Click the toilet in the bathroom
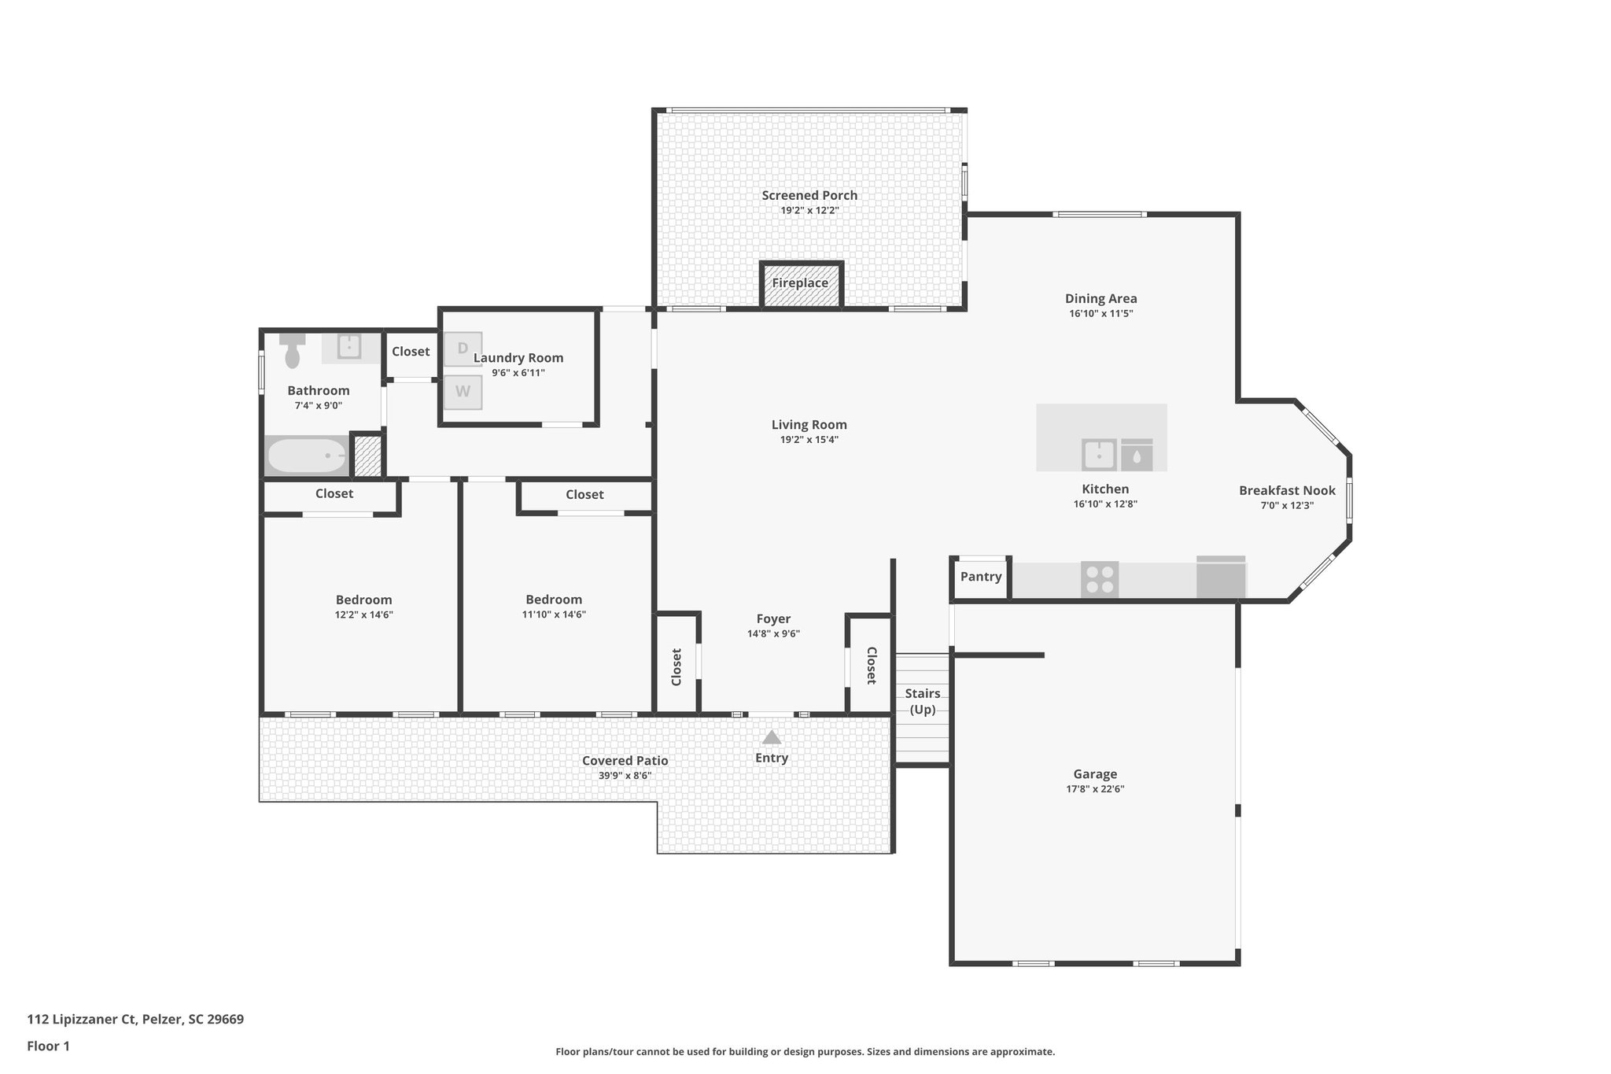[x=293, y=351]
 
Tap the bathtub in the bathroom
[x=307, y=456]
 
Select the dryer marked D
[x=463, y=349]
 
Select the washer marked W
[x=463, y=391]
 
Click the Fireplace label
[x=800, y=283]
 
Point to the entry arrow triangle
[x=772, y=737]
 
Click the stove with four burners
[x=1099, y=580]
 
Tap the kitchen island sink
[x=1099, y=454]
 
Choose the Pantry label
[x=981, y=577]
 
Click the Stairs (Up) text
[x=923, y=701]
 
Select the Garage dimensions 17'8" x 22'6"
[x=1095, y=789]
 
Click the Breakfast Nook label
[x=1287, y=491]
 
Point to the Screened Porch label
[x=809, y=196]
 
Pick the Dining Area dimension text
[x=1100, y=314]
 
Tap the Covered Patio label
[x=625, y=761]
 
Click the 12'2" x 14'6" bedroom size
[x=363, y=615]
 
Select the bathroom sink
[x=349, y=346]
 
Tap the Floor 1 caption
[x=48, y=1046]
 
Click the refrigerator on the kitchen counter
[x=1221, y=578]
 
